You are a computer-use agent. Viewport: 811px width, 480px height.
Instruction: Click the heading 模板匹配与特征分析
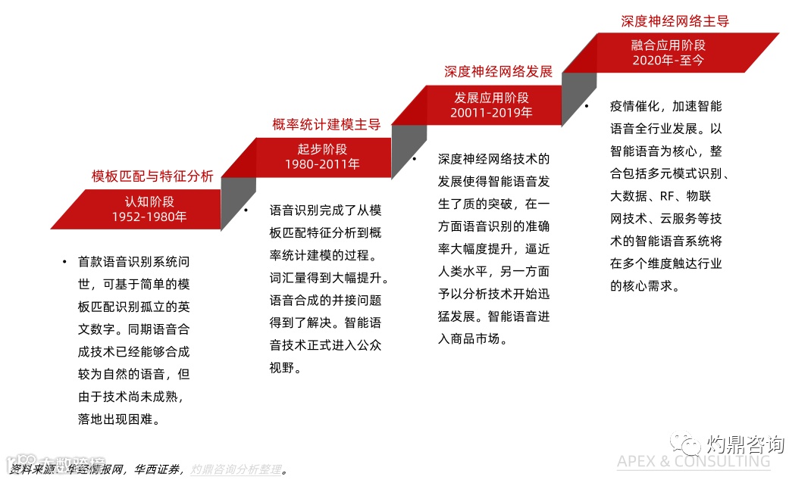152,177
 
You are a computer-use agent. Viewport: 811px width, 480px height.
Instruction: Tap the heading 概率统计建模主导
326,125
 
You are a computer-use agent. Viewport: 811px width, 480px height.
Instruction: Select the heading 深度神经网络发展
498,73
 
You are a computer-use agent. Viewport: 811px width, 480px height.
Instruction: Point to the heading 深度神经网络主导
675,21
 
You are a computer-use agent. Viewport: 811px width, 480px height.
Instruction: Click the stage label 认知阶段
149,201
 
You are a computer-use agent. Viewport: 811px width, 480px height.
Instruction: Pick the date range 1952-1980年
149,217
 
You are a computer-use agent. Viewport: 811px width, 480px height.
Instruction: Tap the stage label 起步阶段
322,148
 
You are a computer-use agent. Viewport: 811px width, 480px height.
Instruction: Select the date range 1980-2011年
322,164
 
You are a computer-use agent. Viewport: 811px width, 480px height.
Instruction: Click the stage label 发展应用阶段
492,97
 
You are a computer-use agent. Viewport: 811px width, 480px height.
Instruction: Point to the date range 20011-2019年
492,112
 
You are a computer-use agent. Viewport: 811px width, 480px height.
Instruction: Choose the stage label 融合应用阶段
668,45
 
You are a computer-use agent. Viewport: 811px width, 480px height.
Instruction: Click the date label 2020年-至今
668,60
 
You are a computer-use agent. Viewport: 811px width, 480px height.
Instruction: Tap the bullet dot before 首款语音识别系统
65,262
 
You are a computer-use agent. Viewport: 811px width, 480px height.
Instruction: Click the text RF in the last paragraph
667,196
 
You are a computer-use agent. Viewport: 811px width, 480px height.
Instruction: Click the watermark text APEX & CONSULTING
693,461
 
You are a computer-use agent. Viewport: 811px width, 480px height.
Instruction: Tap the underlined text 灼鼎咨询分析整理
235,469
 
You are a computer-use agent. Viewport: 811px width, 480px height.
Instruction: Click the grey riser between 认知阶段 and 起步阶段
238,203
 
